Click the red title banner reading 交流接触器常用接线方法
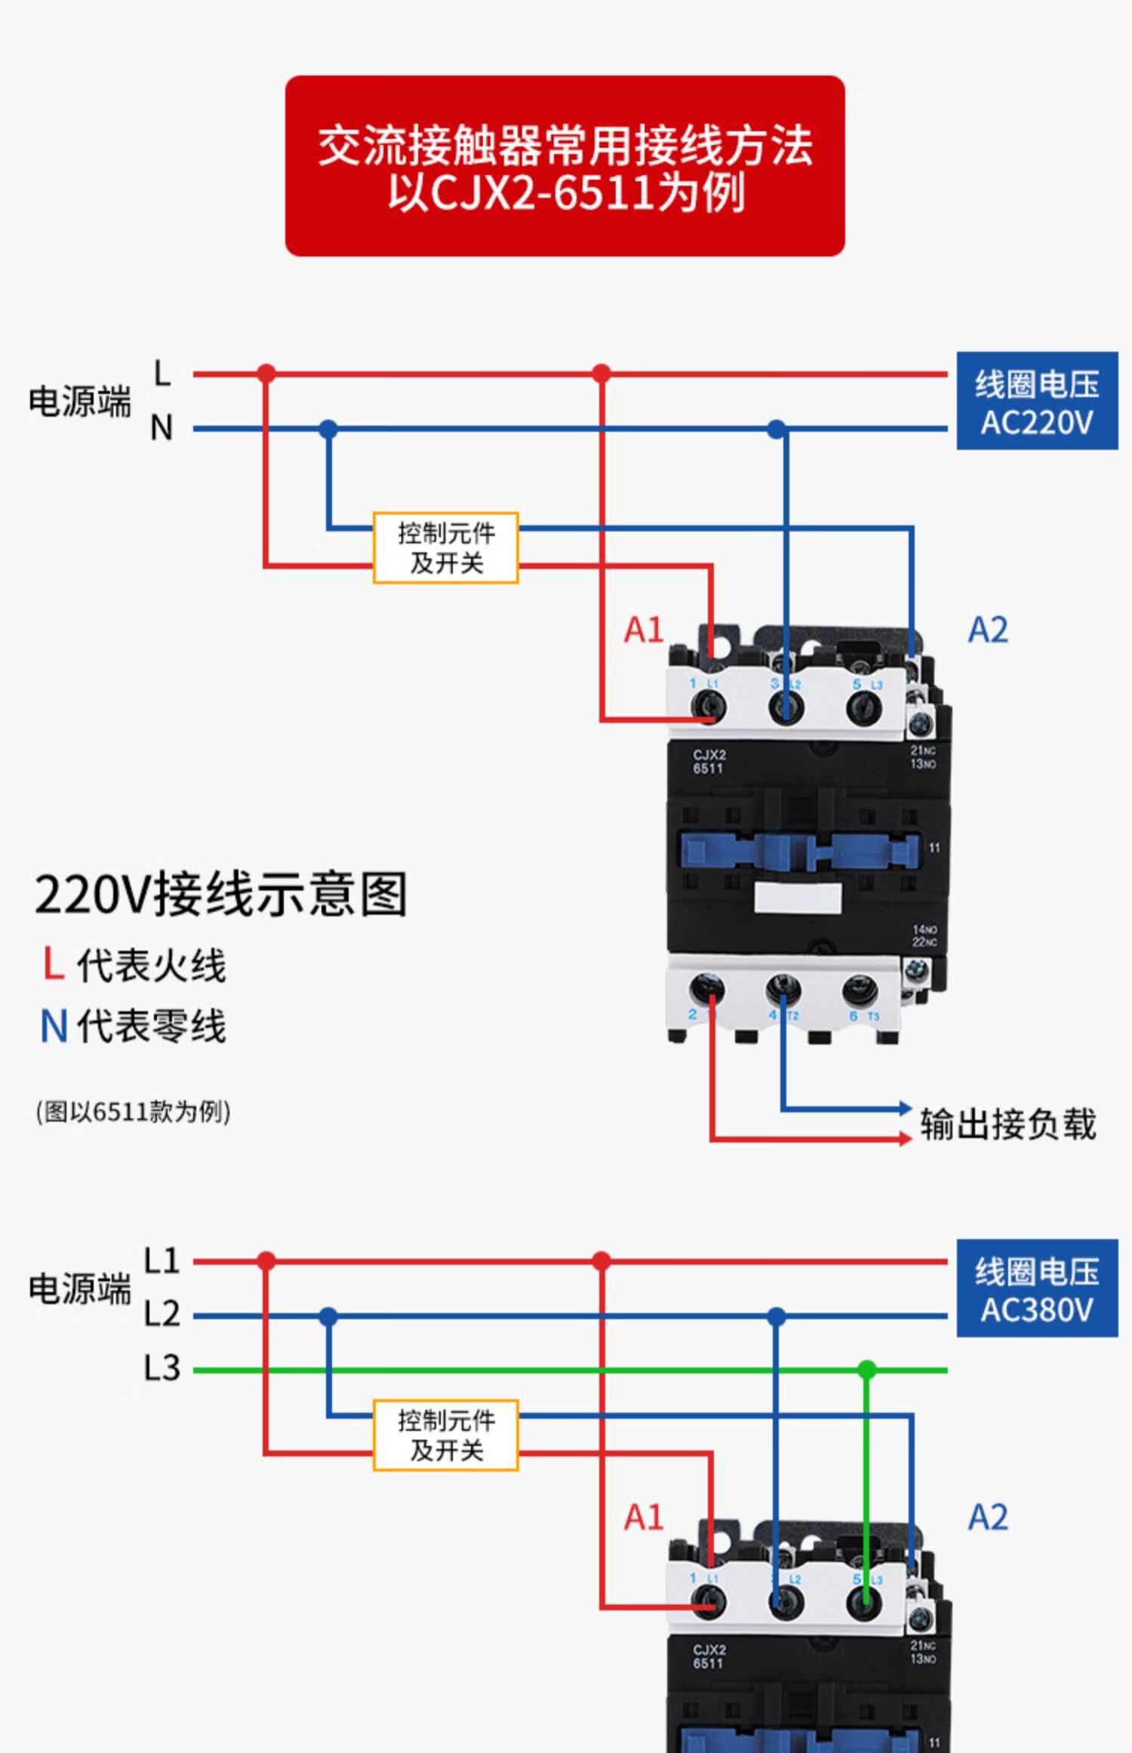[564, 165]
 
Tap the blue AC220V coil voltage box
[1036, 401]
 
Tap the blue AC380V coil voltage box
[1036, 1288]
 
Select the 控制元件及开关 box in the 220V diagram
[445, 548]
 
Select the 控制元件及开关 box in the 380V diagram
[445, 1435]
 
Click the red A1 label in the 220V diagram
[643, 630]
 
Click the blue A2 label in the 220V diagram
[987, 630]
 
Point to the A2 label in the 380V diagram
[987, 1517]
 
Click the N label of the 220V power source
[161, 428]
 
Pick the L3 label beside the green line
[161, 1368]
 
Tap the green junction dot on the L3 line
[866, 1369]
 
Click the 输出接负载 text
[1007, 1124]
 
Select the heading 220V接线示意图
[220, 895]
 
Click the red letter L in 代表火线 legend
[52, 964]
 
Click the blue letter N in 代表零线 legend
[54, 1026]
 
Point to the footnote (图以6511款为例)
[133, 1112]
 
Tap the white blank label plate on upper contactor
[798, 898]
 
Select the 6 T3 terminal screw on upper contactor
[860, 989]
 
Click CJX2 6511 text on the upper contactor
[708, 761]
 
